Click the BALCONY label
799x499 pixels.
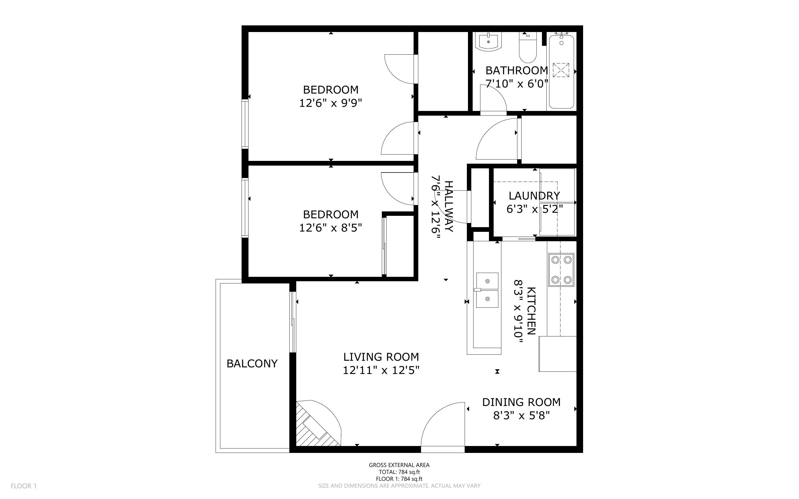[x=252, y=364]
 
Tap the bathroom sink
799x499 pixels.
[x=488, y=42]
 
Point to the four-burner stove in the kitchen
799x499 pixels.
[x=561, y=270]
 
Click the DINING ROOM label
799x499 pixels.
[x=522, y=402]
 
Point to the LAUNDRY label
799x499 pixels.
[x=534, y=196]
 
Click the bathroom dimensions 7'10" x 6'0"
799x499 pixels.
[x=517, y=84]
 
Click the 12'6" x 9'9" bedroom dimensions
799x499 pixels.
[x=331, y=103]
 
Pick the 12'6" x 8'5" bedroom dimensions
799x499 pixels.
[x=331, y=228]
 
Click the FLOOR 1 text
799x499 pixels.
[x=24, y=486]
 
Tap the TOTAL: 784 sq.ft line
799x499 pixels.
[x=399, y=472]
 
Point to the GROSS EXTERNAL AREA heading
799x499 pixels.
[x=399, y=465]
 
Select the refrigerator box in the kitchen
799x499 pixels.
[x=558, y=354]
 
